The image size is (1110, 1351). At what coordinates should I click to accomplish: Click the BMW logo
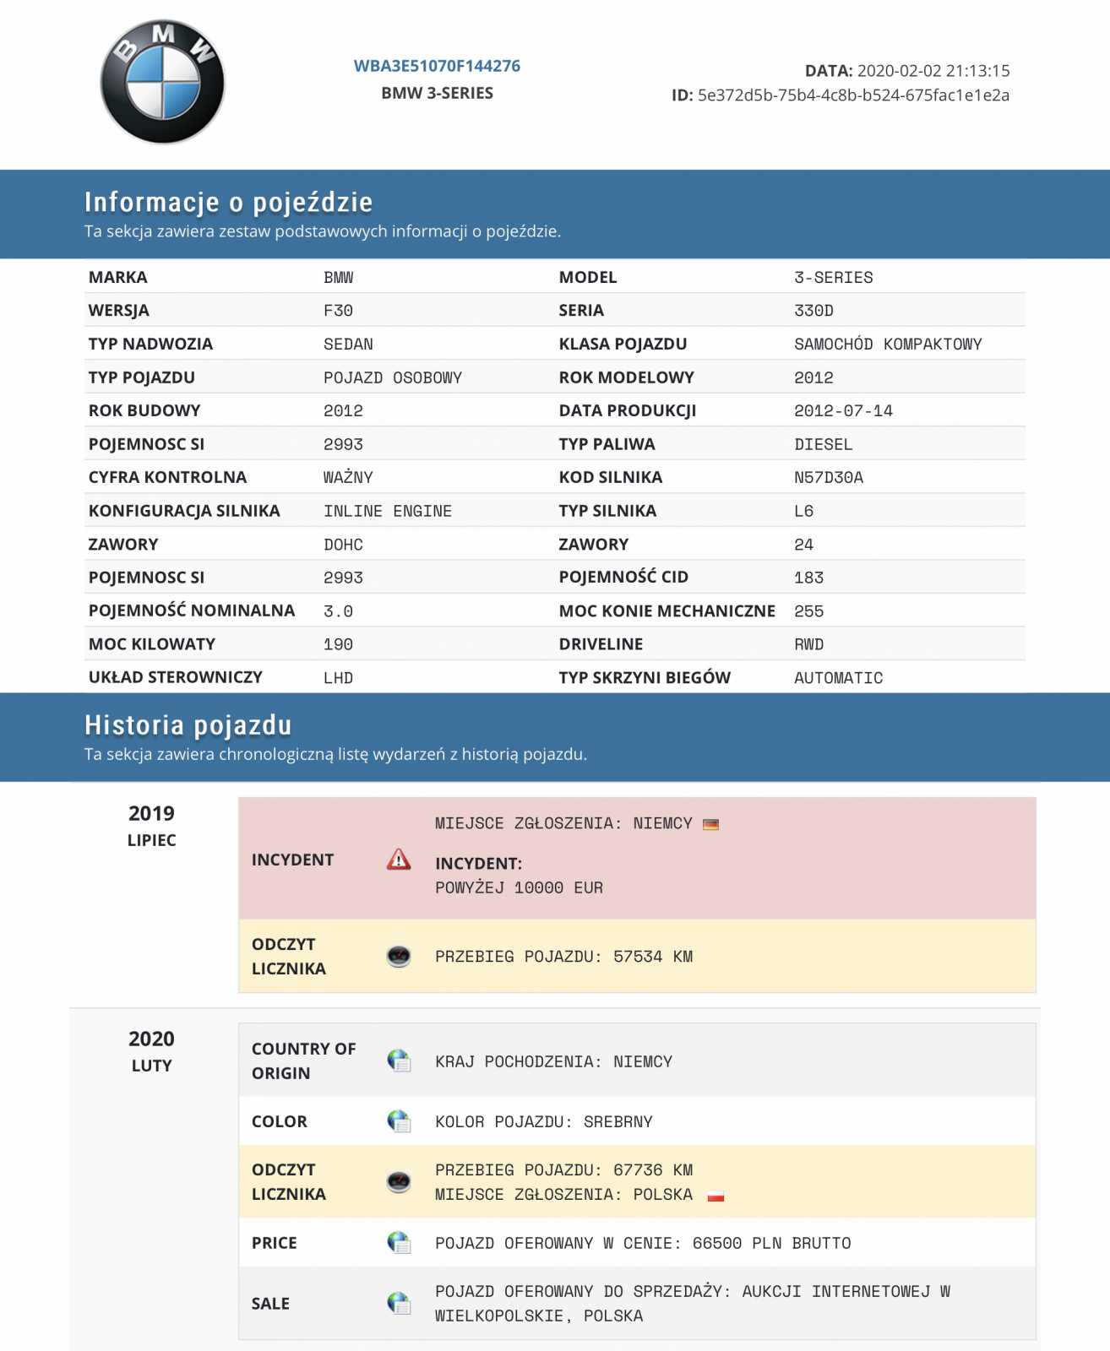pyautogui.click(x=162, y=82)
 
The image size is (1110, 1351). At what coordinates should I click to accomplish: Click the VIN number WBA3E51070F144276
pyautogui.click(x=437, y=66)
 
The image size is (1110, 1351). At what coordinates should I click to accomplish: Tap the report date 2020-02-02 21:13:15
pyautogui.click(x=933, y=71)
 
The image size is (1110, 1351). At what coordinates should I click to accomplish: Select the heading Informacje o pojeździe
pyautogui.click(x=228, y=202)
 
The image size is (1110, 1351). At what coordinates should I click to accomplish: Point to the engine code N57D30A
pyautogui.click(x=828, y=478)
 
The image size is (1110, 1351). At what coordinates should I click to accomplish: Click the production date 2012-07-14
pyautogui.click(x=842, y=411)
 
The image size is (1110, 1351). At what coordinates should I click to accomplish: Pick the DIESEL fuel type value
pyautogui.click(x=823, y=445)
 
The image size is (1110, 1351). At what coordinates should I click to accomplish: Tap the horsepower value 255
pyautogui.click(x=808, y=611)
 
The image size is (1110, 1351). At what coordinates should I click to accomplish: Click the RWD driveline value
pyautogui.click(x=808, y=645)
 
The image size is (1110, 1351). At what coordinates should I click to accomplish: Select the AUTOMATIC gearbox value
pyautogui.click(x=838, y=678)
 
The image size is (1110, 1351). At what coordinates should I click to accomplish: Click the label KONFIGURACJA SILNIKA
pyautogui.click(x=184, y=511)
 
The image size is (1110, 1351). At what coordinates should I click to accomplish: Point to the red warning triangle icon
pyautogui.click(x=399, y=860)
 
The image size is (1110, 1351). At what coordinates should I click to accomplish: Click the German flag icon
pyautogui.click(x=711, y=824)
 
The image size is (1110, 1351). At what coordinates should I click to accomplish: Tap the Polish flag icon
pyautogui.click(x=716, y=1196)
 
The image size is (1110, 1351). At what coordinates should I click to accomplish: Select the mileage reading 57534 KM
pyautogui.click(x=652, y=957)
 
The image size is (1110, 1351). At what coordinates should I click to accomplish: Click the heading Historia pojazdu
pyautogui.click(x=188, y=725)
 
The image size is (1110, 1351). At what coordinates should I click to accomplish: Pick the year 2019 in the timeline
pyautogui.click(x=151, y=814)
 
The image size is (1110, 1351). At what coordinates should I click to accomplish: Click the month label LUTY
pyautogui.click(x=151, y=1066)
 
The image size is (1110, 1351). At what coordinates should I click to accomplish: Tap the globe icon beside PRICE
pyautogui.click(x=399, y=1243)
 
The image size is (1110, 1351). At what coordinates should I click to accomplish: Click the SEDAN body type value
pyautogui.click(x=348, y=345)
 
